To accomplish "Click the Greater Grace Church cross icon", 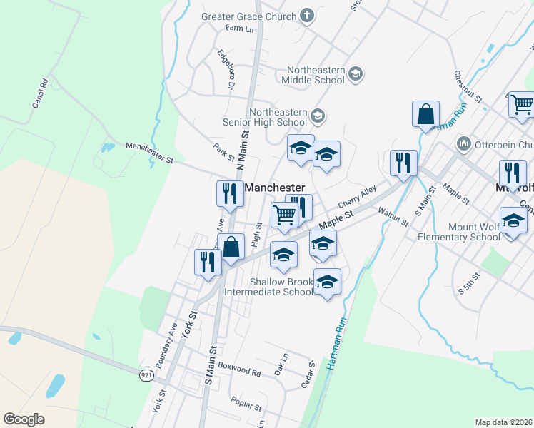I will (308, 16).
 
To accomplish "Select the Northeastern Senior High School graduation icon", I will (318, 115).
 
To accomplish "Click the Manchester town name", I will (275, 187).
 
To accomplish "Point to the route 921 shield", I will (146, 374).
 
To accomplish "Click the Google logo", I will (24, 419).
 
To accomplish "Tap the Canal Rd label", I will (39, 93).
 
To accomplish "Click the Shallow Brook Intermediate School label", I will (269, 287).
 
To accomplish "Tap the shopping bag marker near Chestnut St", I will (425, 114).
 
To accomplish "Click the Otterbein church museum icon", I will (464, 144).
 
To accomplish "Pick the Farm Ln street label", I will (239, 29).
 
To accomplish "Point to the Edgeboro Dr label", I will (226, 68).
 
